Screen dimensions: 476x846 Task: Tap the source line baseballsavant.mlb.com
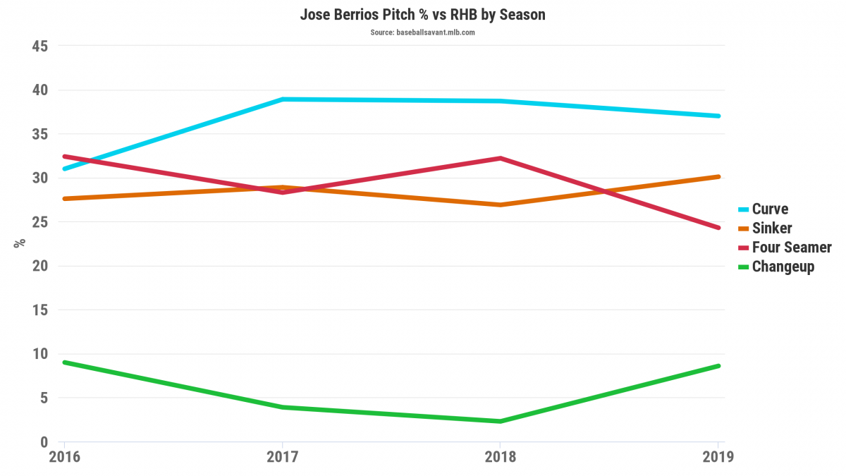pos(423,32)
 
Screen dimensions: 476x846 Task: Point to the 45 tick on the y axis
pos(39,47)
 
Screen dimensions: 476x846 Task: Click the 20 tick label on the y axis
pos(39,267)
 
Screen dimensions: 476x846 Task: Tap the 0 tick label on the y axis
pos(44,442)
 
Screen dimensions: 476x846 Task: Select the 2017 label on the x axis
pos(282,457)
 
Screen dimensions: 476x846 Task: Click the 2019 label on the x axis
pos(718,457)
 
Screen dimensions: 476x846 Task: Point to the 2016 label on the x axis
pos(64,457)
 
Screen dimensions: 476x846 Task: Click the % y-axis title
pos(20,243)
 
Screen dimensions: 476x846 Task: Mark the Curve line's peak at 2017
pos(282,99)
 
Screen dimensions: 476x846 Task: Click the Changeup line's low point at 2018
pos(500,421)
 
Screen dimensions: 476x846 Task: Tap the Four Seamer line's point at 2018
pos(500,159)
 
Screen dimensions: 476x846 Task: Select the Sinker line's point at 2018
pos(500,205)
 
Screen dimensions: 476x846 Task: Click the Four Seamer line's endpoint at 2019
pos(718,228)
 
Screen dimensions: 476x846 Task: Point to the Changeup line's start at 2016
pos(65,362)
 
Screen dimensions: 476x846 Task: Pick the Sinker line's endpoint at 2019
pos(718,176)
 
